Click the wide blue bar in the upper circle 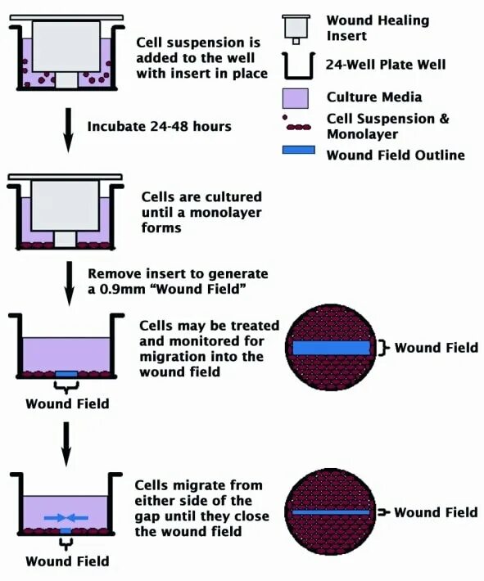pos(331,348)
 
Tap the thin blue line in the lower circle pos(331,512)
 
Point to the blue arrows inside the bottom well pos(67,516)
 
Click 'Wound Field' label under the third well pos(67,403)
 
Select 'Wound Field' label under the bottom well pos(67,561)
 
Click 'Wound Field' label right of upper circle pos(436,348)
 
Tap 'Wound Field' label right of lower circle pos(436,512)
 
